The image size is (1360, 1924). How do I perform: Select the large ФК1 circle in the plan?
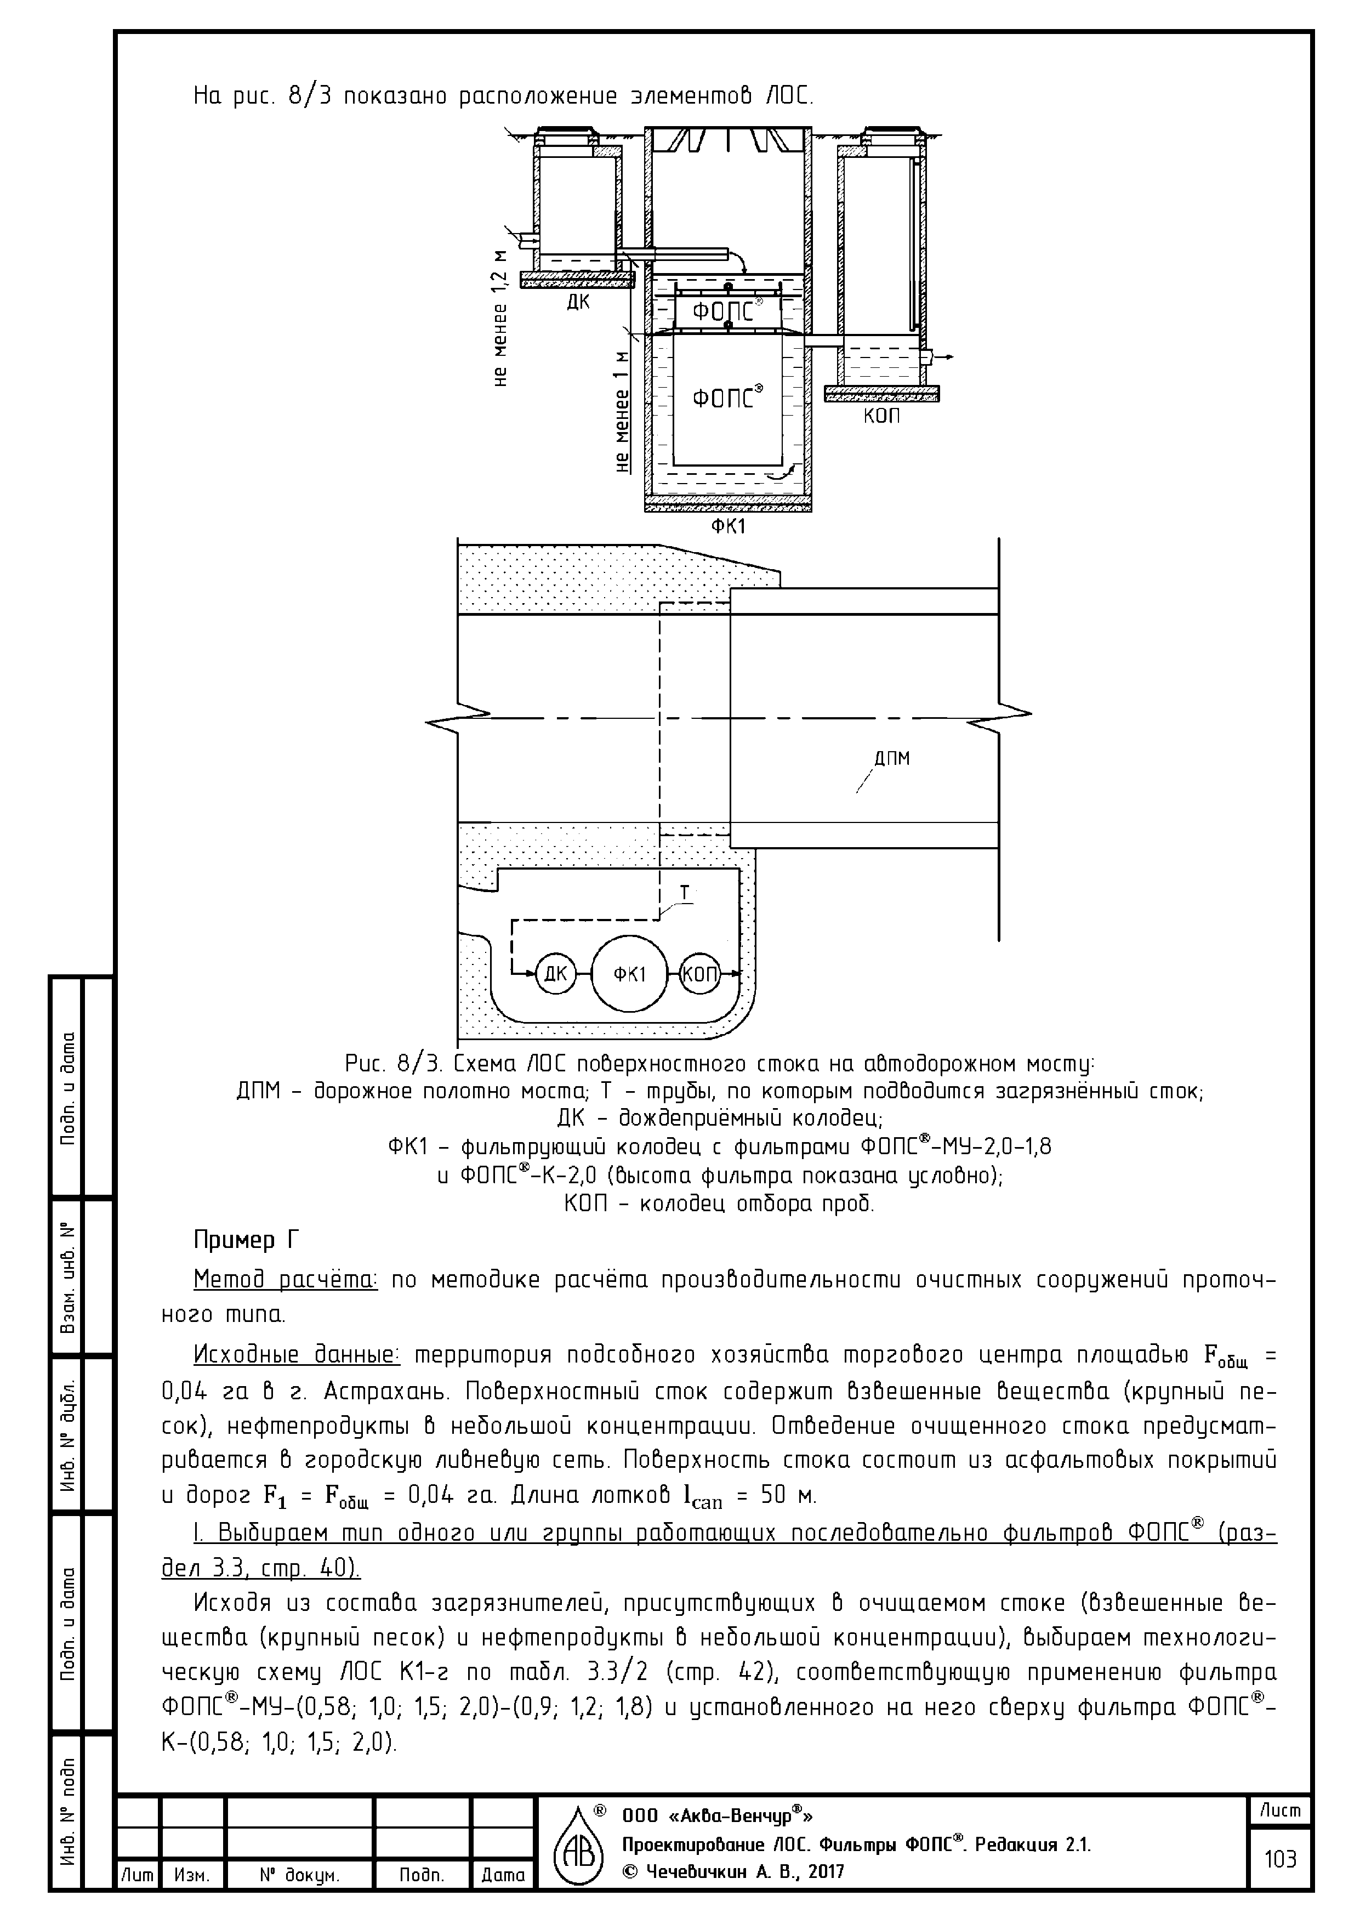(x=629, y=974)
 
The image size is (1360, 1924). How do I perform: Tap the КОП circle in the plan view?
(x=699, y=974)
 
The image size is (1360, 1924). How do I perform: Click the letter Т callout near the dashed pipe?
(x=685, y=893)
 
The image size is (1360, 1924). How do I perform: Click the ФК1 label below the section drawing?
(x=728, y=527)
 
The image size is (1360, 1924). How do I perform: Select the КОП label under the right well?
(x=881, y=416)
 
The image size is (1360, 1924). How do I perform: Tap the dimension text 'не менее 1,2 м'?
(x=501, y=319)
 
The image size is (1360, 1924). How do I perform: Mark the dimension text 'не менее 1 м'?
(x=622, y=411)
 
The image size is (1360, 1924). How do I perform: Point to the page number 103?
(x=1279, y=1883)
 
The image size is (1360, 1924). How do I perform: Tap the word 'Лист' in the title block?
(x=1279, y=1834)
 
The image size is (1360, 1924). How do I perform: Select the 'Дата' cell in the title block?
(x=503, y=1899)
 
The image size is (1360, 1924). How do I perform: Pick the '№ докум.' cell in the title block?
(x=299, y=1899)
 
